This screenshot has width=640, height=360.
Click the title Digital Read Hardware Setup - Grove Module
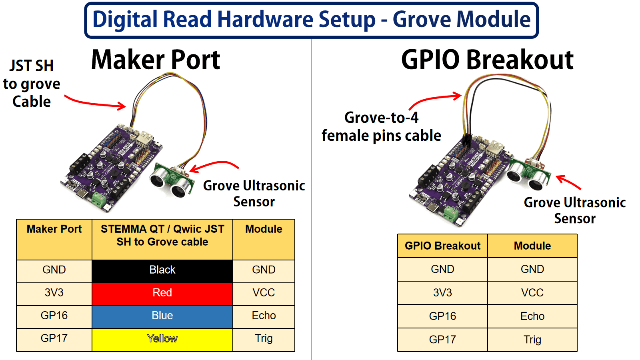point(311,20)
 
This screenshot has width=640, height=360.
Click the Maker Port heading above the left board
point(156,60)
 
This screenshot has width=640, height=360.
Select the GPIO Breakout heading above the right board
point(487,60)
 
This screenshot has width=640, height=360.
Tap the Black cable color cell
point(162,270)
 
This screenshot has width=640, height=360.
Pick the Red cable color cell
point(162,293)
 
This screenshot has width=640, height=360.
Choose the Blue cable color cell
point(162,316)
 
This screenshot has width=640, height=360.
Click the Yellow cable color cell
point(162,339)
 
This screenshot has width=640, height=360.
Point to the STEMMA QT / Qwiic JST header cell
point(162,236)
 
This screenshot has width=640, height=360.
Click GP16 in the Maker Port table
point(54,316)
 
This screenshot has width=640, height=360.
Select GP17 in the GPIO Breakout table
point(442,340)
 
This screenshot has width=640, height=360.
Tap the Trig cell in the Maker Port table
point(264,339)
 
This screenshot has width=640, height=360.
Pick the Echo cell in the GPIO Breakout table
point(532,316)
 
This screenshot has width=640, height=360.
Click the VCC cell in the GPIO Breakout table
point(532,293)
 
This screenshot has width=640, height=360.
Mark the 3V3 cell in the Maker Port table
point(54,293)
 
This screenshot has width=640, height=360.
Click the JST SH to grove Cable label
point(32,84)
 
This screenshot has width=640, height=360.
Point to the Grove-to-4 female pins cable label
point(381,127)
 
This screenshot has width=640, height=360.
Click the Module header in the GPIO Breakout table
point(532,246)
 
